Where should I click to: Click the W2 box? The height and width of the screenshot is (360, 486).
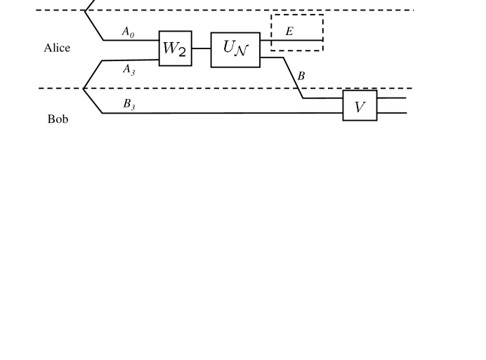pos(175,48)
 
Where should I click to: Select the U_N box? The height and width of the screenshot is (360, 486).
pos(235,49)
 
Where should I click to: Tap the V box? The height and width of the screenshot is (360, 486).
pos(360,106)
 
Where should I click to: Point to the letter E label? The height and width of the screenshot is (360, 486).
pos(289,32)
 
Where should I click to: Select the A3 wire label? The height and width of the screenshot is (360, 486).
pos(128,69)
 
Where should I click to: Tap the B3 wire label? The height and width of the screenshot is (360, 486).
pos(129,104)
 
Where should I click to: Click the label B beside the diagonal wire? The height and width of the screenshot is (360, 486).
pos(301,76)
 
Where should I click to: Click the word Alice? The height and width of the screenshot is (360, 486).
pos(57,49)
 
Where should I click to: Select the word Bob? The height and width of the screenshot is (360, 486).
pos(58,119)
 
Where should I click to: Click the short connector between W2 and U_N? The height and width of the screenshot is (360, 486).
pos(201,48)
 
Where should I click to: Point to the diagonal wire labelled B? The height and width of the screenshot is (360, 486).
pos(292,78)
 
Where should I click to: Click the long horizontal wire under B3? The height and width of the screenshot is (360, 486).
pos(225,112)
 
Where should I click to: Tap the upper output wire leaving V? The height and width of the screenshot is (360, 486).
pos(392,98)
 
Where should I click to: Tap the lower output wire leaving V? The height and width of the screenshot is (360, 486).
pos(392,113)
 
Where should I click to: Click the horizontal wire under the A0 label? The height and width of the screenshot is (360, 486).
pos(130,40)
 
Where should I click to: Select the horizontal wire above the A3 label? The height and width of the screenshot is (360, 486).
pos(130,60)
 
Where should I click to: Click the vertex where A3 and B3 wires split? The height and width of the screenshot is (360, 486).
pos(84,88)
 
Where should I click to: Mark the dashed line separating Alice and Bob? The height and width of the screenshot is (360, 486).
pos(211,88)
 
